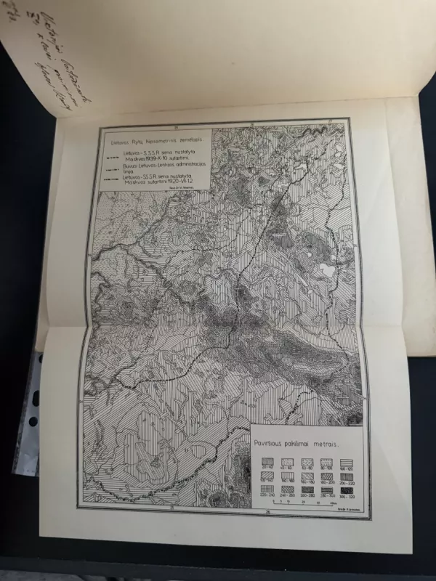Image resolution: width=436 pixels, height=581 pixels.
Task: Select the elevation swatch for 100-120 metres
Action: [347, 462]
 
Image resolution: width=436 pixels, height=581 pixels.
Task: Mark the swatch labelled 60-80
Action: [307, 462]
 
